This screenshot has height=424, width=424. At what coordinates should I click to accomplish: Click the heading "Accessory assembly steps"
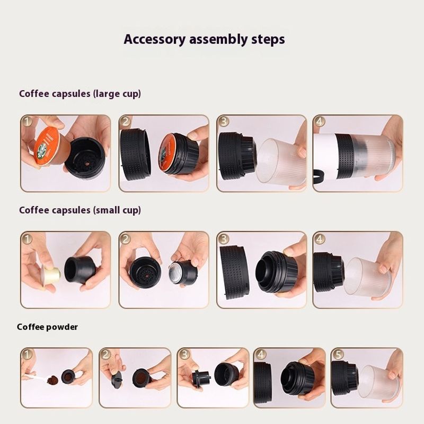click(204, 39)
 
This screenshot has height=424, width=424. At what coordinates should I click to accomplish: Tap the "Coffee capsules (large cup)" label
click(80, 94)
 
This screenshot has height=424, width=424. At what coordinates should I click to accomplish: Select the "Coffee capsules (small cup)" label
click(80, 210)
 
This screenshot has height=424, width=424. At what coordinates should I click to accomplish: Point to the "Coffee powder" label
click(47, 327)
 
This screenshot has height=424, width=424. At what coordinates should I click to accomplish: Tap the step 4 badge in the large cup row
click(320, 121)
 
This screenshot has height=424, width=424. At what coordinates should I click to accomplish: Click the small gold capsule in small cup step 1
click(50, 275)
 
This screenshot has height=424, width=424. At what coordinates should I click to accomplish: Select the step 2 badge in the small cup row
click(125, 238)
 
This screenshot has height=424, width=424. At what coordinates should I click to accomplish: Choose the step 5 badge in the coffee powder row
click(338, 354)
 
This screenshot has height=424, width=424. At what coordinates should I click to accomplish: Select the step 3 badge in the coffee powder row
click(184, 354)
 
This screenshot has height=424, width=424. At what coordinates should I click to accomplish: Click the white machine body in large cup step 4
click(325, 154)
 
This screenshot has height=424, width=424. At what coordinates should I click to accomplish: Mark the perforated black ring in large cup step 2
click(134, 155)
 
